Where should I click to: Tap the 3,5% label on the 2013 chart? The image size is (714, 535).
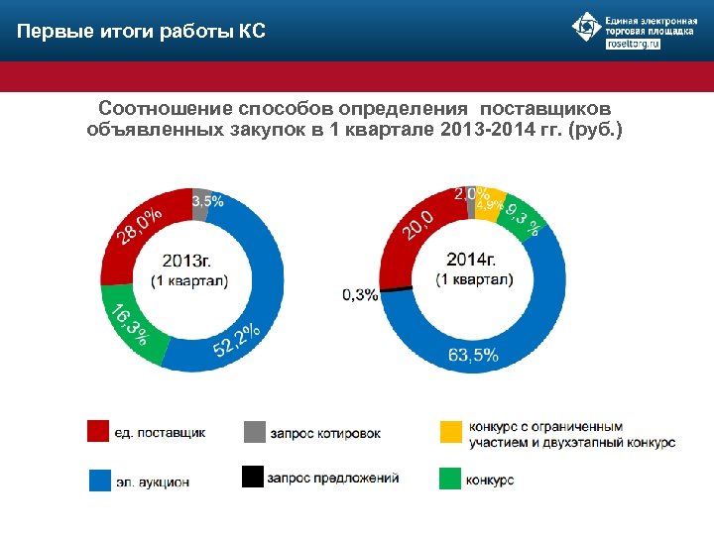coord(207,200)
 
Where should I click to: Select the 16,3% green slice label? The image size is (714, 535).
coord(130,323)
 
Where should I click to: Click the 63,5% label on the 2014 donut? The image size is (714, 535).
coord(473,356)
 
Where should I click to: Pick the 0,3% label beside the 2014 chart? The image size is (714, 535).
coord(360,294)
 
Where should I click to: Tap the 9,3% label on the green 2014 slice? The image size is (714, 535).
coord(522,220)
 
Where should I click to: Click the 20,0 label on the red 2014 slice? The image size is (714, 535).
coord(417,224)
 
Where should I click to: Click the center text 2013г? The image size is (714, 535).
coord(187,261)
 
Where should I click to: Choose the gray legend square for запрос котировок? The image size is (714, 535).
coord(254,432)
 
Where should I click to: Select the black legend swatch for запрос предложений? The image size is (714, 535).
coord(254,478)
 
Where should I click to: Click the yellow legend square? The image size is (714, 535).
coord(450,432)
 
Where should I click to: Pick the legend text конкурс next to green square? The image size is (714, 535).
coord(491,480)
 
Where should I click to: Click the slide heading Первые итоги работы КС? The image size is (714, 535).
coord(141,32)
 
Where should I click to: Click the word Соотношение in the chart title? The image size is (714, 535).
coord(158,106)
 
